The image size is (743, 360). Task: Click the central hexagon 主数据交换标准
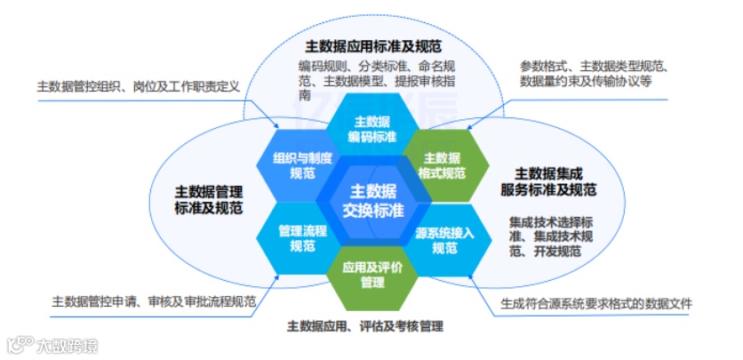[372, 201]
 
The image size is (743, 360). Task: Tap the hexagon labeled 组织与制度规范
[303, 165]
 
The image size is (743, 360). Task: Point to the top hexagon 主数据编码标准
[372, 130]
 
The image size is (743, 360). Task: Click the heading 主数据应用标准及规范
[373, 45]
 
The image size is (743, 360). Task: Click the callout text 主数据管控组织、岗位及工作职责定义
[139, 88]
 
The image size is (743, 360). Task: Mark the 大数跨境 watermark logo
[52, 342]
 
